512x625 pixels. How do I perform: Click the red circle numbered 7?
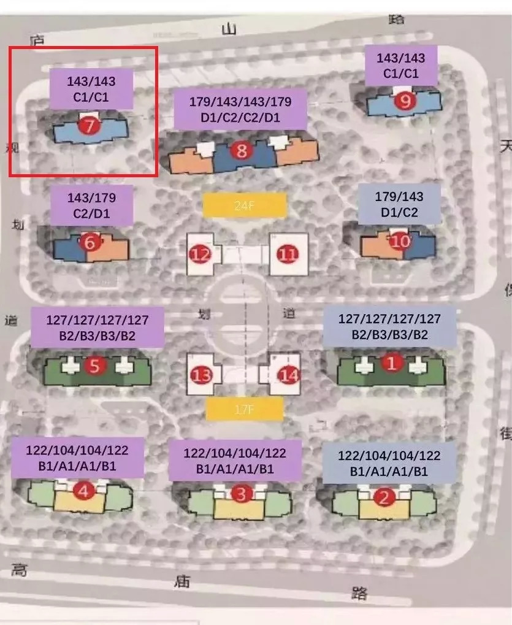(90, 127)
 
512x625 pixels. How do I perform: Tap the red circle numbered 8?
(242, 151)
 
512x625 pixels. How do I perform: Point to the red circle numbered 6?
(91, 243)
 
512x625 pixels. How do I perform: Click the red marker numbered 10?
(400, 242)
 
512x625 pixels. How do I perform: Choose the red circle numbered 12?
(201, 253)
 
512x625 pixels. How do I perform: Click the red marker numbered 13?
(201, 374)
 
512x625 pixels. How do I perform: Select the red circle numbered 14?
(289, 374)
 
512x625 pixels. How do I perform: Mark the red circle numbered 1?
(392, 364)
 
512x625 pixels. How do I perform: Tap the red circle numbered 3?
(241, 493)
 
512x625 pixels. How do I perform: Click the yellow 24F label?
(245, 205)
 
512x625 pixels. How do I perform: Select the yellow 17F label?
(245, 408)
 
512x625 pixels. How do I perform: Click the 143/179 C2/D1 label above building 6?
(92, 206)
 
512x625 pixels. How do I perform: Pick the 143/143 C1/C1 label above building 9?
(400, 66)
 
